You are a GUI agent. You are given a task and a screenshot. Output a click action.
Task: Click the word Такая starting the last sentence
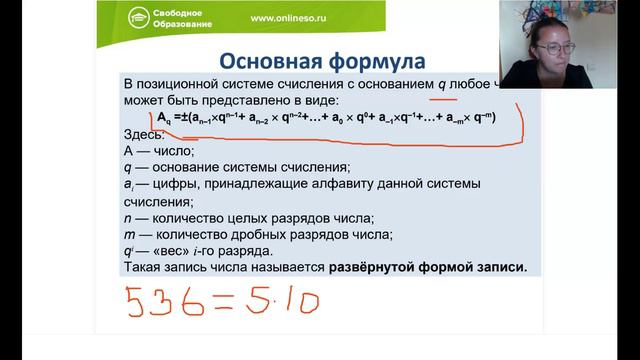pos(143,269)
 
